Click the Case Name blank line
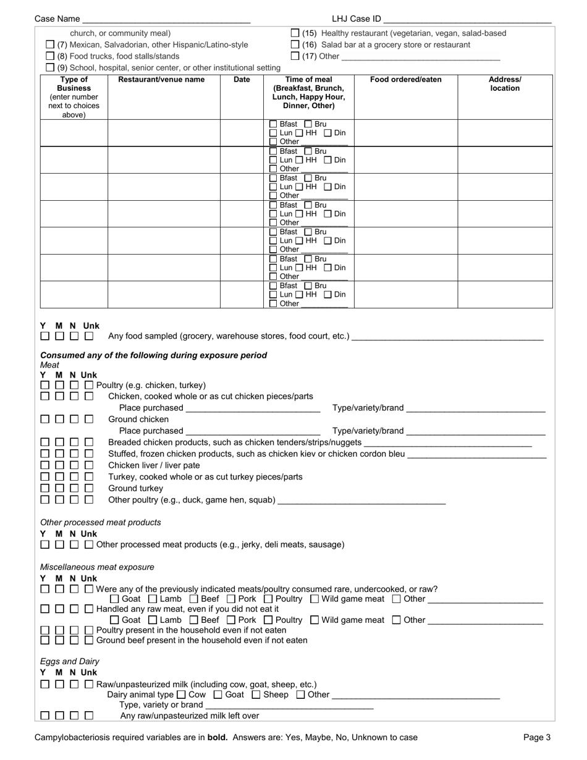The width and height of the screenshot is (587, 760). pyautogui.click(x=166, y=20)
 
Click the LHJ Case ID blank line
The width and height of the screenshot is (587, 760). pyautogui.click(x=468, y=20)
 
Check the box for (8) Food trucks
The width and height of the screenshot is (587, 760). pyautogui.click(x=51, y=56)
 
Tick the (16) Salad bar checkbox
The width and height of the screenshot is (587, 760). pyautogui.click(x=295, y=45)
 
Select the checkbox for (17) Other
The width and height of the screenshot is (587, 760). pyautogui.click(x=295, y=57)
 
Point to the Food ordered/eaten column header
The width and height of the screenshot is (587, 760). pyautogui.click(x=406, y=80)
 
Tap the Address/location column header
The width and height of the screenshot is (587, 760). pyautogui.click(x=505, y=84)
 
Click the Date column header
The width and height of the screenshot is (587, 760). pyautogui.click(x=242, y=80)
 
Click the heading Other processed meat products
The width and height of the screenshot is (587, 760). pyautogui.click(x=101, y=522)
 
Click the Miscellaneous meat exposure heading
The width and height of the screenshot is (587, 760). pyautogui.click(x=97, y=567)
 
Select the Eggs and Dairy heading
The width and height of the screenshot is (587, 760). pyautogui.click(x=70, y=661)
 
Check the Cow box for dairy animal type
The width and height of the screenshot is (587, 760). pyautogui.click(x=180, y=695)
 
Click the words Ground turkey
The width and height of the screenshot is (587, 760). pyautogui.click(x=136, y=488)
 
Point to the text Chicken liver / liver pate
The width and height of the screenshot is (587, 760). pyautogui.click(x=154, y=465)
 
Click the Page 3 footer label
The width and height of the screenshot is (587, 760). pyautogui.click(x=537, y=737)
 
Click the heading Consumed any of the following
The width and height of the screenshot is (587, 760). pyautogui.click(x=154, y=355)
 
